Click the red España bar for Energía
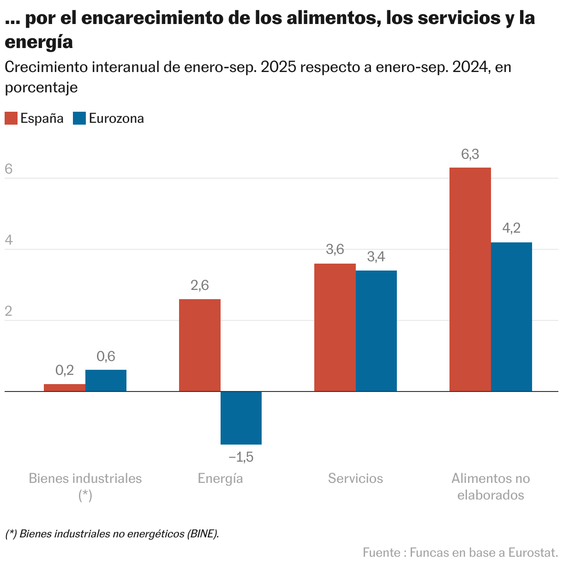(199, 345)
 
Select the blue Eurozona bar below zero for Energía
(241, 418)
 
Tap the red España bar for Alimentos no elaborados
(470, 279)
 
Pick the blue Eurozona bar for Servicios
(376, 331)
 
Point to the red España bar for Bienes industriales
(65, 388)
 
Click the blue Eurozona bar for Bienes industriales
(106, 380)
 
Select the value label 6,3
(470, 155)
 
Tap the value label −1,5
(241, 458)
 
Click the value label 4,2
(511, 228)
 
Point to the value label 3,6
(335, 250)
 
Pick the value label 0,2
(65, 370)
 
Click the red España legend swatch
(11, 118)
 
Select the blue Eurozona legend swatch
(79, 118)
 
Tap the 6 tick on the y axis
(8, 169)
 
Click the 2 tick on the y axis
(8, 312)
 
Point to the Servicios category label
(355, 478)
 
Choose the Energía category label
(220, 478)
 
